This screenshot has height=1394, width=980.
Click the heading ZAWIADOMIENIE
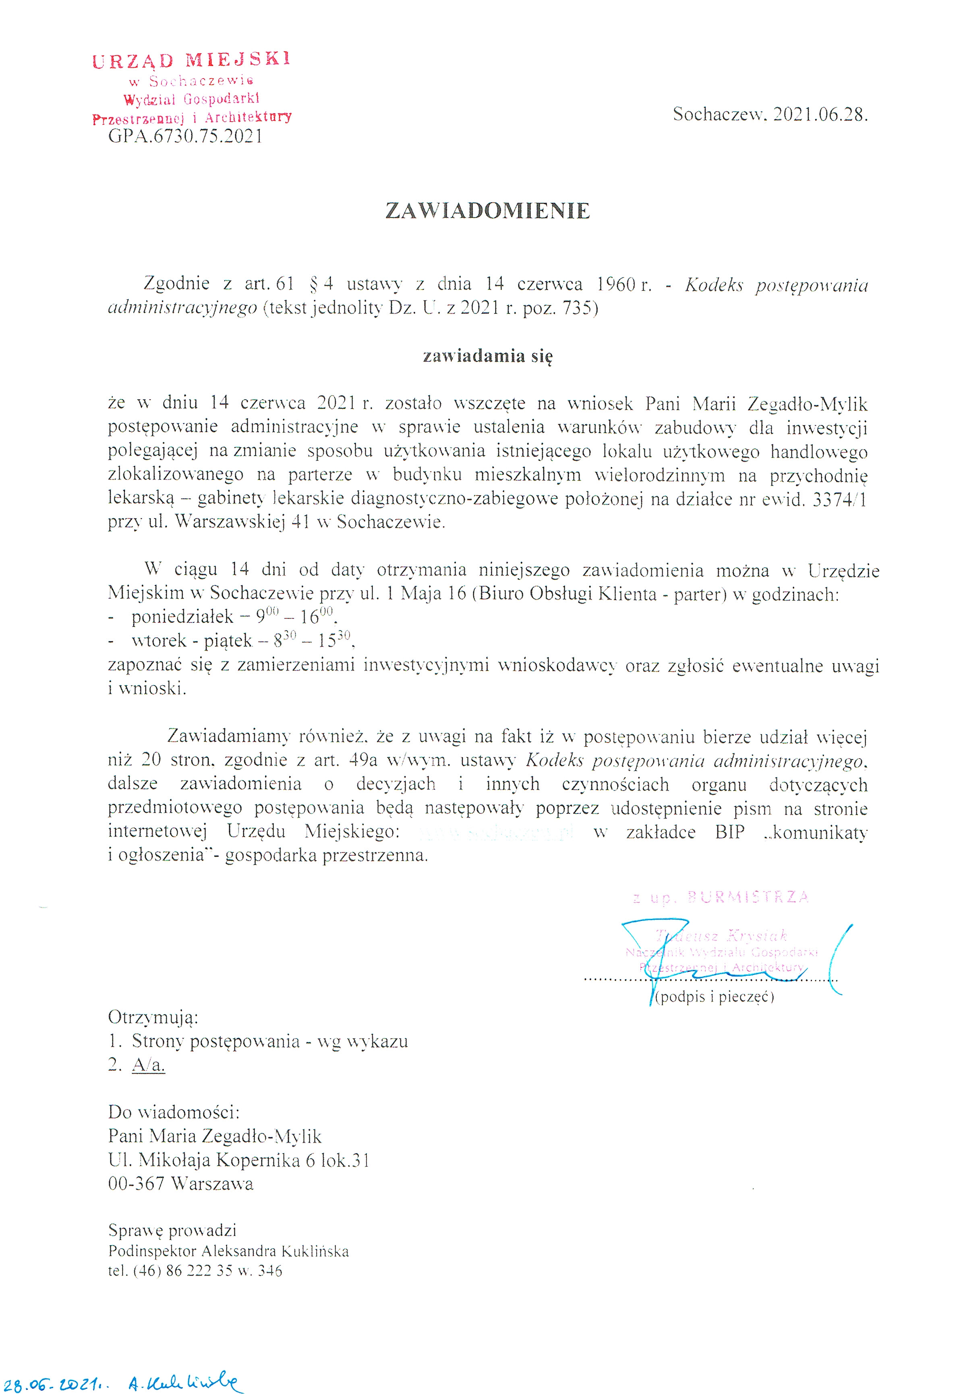[x=487, y=211]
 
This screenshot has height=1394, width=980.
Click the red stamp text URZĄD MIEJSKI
[x=191, y=60]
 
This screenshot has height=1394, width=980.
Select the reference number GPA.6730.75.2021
[x=185, y=136]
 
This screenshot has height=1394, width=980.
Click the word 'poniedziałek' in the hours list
[x=182, y=617]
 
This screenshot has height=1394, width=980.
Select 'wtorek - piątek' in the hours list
[x=191, y=641]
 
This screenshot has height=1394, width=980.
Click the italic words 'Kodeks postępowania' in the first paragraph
[x=776, y=285]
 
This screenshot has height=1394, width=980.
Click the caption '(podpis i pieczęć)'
[x=715, y=997]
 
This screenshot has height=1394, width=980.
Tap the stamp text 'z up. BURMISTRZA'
[x=720, y=897]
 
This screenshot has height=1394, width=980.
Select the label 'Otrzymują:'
[x=153, y=1017]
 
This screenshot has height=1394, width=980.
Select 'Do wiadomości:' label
[x=174, y=1112]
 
